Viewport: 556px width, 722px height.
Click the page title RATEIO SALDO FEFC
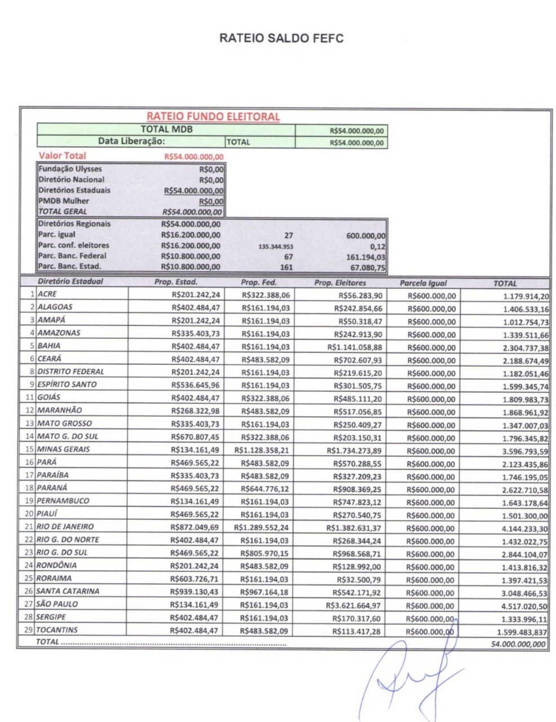tap(281, 38)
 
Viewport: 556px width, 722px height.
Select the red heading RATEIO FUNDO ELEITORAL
tap(213, 117)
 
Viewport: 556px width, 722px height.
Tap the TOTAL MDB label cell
tap(167, 130)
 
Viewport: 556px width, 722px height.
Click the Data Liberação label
tap(131, 141)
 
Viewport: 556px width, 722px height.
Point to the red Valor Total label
tap(63, 156)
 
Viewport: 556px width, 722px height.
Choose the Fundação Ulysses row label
tap(70, 169)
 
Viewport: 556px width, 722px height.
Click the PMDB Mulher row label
tap(63, 201)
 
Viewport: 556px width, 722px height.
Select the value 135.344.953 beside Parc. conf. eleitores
tap(276, 246)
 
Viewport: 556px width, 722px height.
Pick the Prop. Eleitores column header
tap(340, 283)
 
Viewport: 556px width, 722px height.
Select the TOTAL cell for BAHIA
tap(525, 348)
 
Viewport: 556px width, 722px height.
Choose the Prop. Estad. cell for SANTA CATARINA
tap(195, 592)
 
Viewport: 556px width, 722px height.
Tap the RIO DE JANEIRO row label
tap(65, 526)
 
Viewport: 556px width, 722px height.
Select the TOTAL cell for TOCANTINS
tap(522, 632)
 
